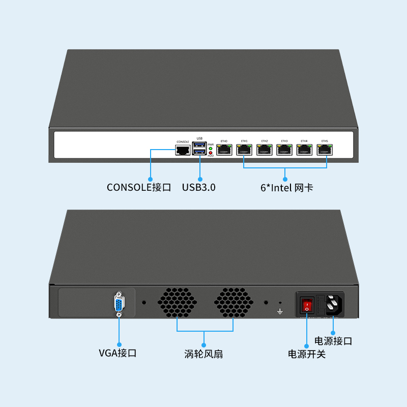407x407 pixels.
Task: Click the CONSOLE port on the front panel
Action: (x=182, y=150)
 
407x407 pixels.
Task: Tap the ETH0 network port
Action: (x=224, y=150)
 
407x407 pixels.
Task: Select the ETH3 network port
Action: (x=284, y=150)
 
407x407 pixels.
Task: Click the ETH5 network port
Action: (x=325, y=150)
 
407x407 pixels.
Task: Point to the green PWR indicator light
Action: (x=211, y=149)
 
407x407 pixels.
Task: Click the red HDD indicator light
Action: (x=211, y=153)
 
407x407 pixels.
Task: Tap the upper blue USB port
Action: (x=199, y=147)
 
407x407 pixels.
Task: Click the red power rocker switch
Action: (x=307, y=305)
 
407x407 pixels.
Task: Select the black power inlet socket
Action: (x=332, y=305)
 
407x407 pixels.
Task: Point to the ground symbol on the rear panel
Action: (x=280, y=310)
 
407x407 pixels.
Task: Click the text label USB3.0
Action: (x=199, y=187)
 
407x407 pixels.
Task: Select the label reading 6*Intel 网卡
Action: (x=286, y=188)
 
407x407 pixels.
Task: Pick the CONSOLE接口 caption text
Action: (x=139, y=187)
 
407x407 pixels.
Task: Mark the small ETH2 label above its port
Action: (x=265, y=140)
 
